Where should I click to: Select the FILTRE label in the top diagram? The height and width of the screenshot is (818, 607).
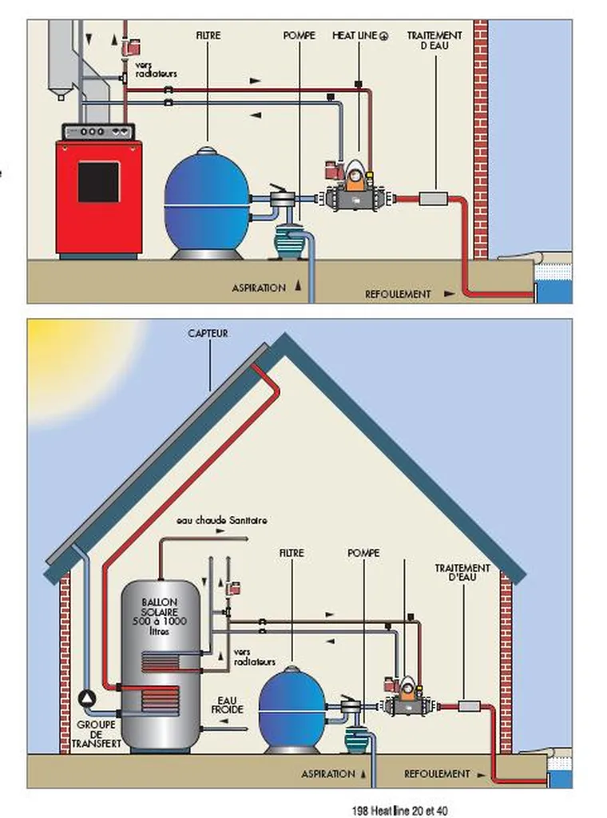(x=208, y=36)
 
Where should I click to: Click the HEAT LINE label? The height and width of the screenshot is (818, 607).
(x=359, y=36)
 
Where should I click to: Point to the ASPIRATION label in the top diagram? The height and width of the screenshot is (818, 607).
(x=258, y=288)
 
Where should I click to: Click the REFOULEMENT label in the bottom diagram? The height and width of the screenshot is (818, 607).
(x=437, y=774)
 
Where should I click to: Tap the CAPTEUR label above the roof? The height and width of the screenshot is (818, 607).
(x=208, y=333)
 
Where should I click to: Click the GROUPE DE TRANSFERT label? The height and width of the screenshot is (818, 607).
(x=95, y=733)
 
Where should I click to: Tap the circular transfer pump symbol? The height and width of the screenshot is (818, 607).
(x=85, y=697)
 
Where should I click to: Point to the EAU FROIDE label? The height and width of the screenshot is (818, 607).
(x=228, y=705)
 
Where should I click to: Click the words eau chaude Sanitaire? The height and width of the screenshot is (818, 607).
(x=222, y=520)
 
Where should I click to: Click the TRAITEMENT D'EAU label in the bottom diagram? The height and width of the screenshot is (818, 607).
(x=462, y=572)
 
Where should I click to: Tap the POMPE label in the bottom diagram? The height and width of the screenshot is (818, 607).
(x=363, y=553)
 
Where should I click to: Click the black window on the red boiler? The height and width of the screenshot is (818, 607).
(x=98, y=182)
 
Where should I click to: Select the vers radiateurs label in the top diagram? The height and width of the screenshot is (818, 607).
(x=154, y=69)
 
